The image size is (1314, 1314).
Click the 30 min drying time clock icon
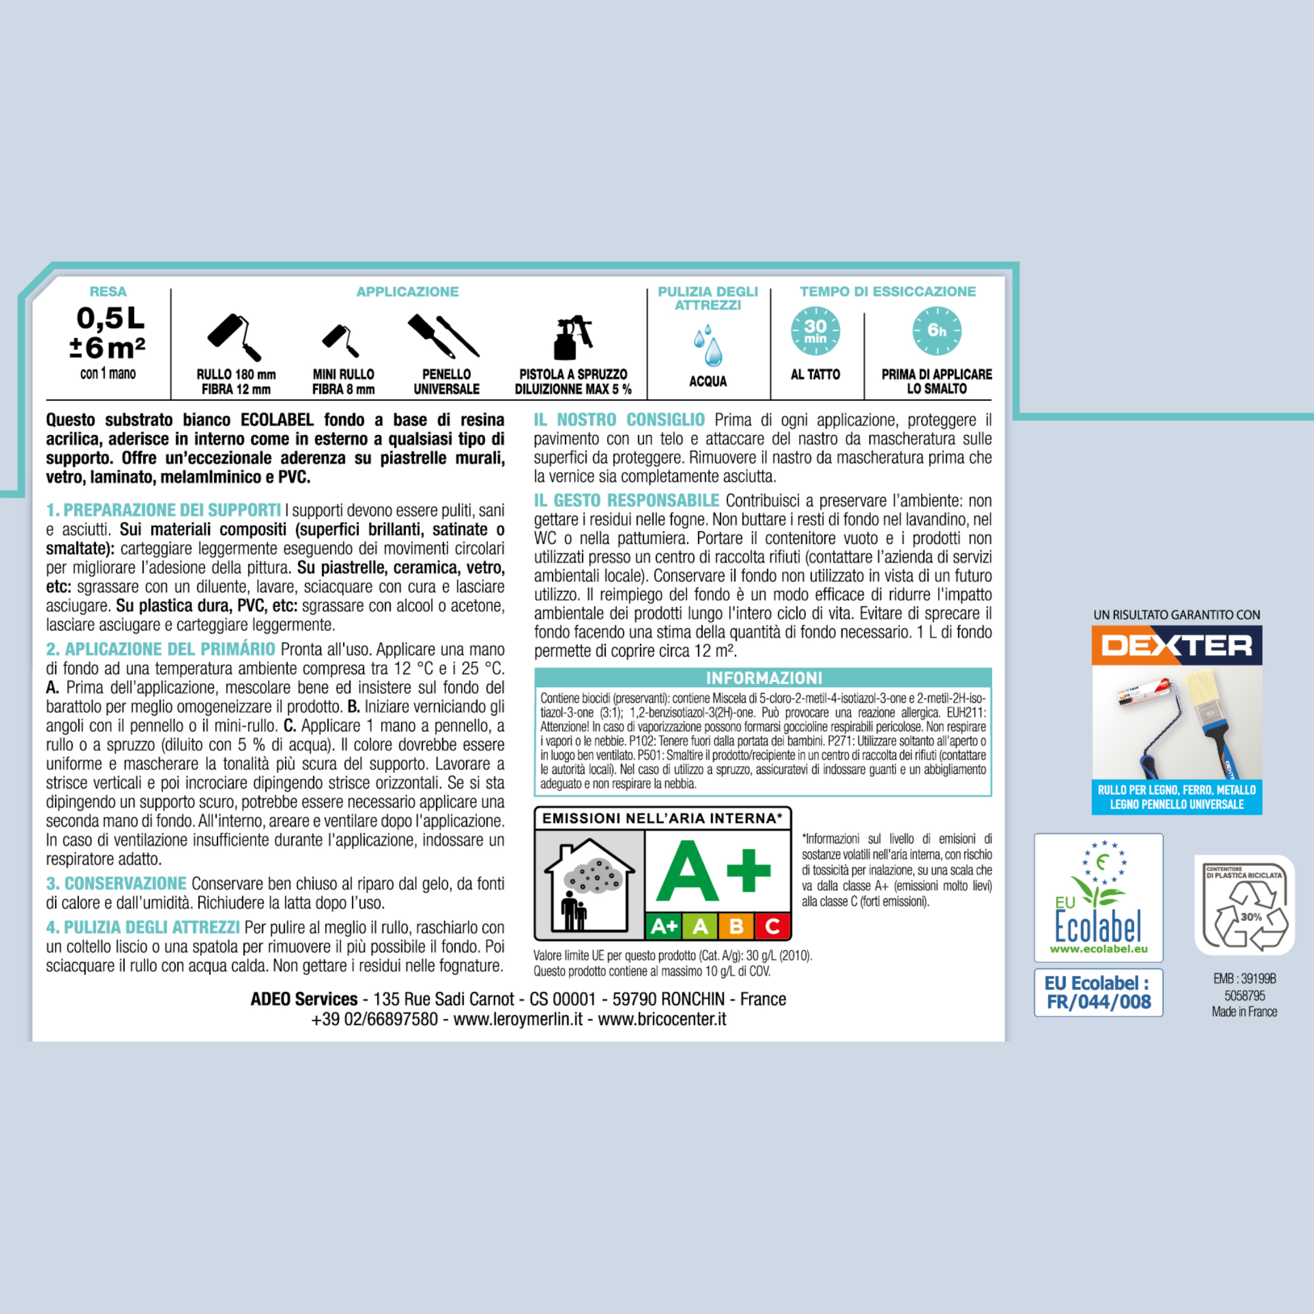click(x=815, y=331)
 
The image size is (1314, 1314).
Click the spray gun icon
click(x=573, y=337)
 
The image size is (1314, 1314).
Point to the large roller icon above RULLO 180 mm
click(x=235, y=337)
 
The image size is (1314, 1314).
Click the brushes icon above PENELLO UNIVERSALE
click(x=443, y=335)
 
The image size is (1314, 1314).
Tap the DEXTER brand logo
click(x=1177, y=645)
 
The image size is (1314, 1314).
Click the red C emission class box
click(x=772, y=926)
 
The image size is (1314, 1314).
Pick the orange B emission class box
click(x=736, y=926)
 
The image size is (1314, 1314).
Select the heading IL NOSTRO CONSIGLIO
click(x=619, y=420)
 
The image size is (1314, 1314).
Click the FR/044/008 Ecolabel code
click(x=1099, y=1002)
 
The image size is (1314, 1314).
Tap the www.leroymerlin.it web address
click(x=518, y=1019)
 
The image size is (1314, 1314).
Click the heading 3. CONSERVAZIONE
click(x=116, y=884)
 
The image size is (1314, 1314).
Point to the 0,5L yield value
click(x=110, y=317)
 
